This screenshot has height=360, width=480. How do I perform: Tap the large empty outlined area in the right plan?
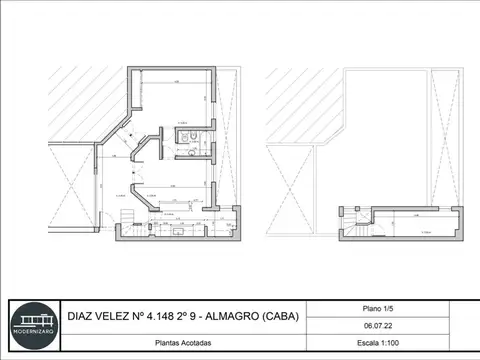click(x=385, y=130)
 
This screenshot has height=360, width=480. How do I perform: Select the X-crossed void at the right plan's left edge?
click(x=290, y=190)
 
